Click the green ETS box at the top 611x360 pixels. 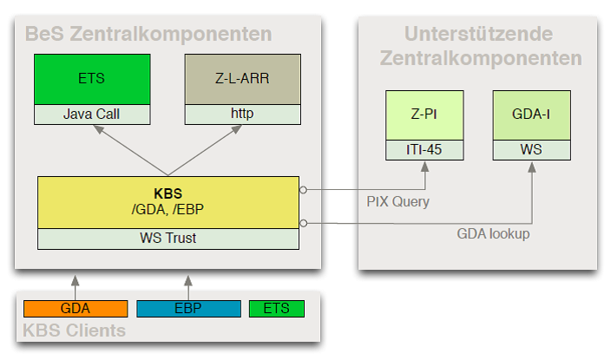91,79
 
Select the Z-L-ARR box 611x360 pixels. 241,79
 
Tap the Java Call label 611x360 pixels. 91,114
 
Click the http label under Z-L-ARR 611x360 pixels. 241,114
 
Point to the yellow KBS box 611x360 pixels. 168,202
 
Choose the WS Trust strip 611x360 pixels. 168,239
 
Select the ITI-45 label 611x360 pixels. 425,149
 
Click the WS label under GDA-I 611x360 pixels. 531,149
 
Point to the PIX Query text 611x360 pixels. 397,201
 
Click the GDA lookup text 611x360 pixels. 493,233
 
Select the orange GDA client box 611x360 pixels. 76,309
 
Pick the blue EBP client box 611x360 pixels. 188,309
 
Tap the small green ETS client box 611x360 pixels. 276,309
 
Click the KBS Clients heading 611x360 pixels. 75,331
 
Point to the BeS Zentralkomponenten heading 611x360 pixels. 148,35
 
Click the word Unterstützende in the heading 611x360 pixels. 477,35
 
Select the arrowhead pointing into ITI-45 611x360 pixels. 425,166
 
